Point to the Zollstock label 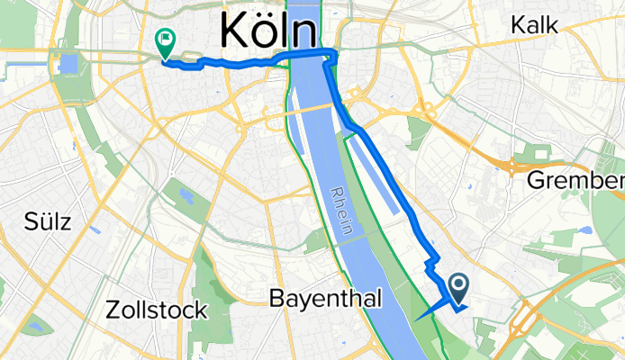tap(157, 310)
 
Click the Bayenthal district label tap(326, 298)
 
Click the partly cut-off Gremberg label tap(575, 180)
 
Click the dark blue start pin tap(458, 287)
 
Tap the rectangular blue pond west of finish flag tap(68, 64)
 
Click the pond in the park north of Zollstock tap(186, 195)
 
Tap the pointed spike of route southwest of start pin tap(417, 317)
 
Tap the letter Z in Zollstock tap(113, 310)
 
